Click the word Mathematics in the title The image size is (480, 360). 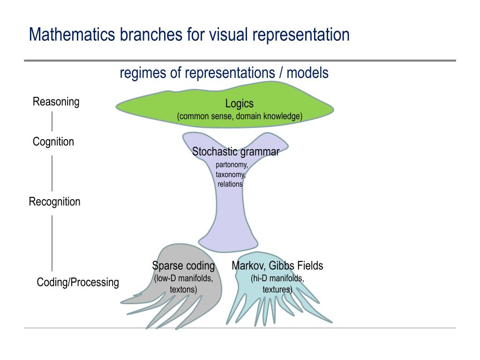click(x=72, y=34)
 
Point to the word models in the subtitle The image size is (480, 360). click(x=307, y=73)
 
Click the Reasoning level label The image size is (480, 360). click(x=56, y=102)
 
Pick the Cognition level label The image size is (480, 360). click(x=53, y=142)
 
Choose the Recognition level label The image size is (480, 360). click(x=54, y=202)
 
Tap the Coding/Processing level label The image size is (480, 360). click(x=78, y=282)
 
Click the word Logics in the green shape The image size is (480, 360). click(x=240, y=104)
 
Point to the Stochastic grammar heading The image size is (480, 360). click(x=236, y=151)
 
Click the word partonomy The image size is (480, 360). click(x=232, y=165)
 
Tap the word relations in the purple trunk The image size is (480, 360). click(x=230, y=184)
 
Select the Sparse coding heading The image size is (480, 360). click(x=183, y=265)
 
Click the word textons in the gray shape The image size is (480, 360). click(x=183, y=289)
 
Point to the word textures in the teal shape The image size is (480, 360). click(x=277, y=289)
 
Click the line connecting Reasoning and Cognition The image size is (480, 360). click(x=52, y=121)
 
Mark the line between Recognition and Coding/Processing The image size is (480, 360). click(x=52, y=243)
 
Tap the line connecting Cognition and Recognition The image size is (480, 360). click(x=52, y=173)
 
